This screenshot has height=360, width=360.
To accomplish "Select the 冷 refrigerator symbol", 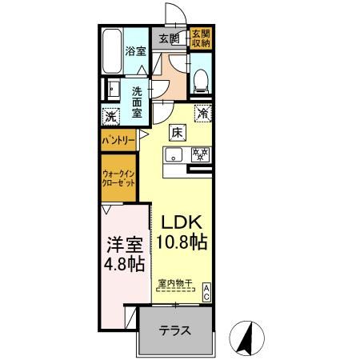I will pyautogui.click(x=202, y=114).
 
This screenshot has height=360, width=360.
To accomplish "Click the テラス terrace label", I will pyautogui.click(x=174, y=330).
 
